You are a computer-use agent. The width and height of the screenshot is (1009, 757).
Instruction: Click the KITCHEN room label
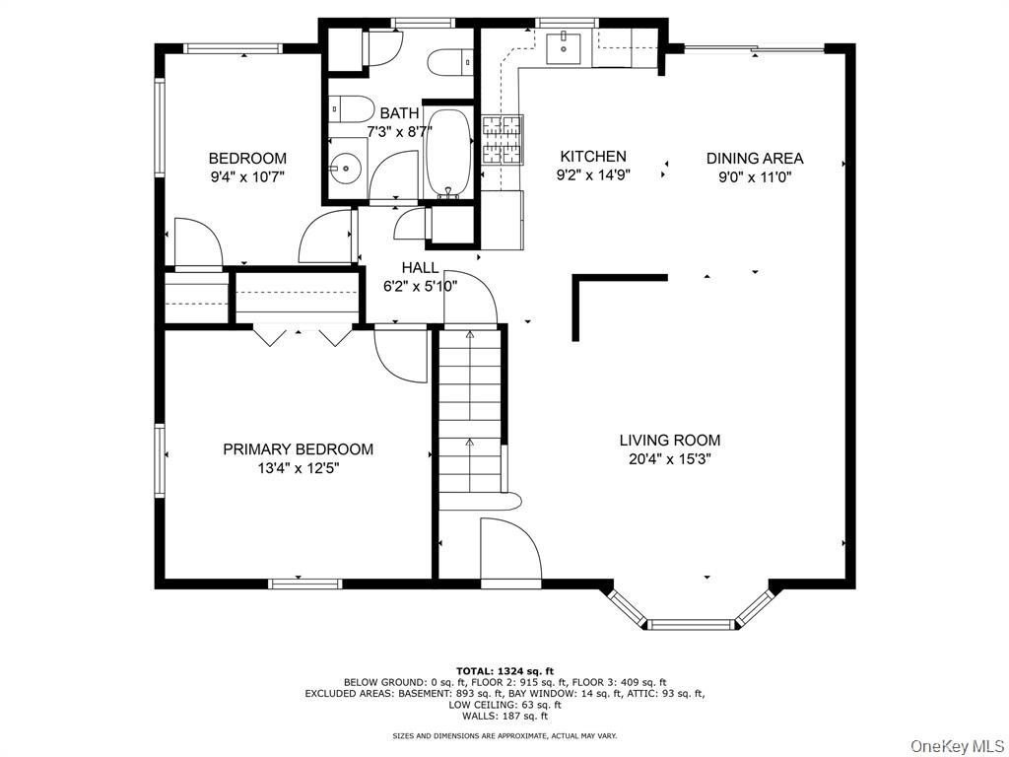pos(592,157)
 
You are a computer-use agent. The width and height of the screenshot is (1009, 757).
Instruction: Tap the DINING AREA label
pos(755,159)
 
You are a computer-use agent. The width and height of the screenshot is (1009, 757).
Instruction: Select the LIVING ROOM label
pos(670,441)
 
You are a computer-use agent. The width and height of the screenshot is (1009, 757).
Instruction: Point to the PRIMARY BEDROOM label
pos(298,449)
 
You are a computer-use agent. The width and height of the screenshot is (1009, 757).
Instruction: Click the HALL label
pos(420,268)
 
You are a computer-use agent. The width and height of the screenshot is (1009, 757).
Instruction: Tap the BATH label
pos(400,113)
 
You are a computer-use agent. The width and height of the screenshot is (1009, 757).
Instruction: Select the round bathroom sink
pos(346,169)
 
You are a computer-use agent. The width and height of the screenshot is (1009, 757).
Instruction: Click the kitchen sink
pos(563,47)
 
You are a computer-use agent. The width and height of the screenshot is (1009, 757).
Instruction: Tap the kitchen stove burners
pos(502,140)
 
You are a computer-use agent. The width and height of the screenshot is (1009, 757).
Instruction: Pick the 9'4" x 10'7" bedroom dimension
pos(247,177)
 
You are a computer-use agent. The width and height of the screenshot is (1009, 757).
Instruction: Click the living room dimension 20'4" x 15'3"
pos(670,459)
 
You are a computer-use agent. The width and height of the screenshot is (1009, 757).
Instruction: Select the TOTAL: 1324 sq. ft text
pos(504,671)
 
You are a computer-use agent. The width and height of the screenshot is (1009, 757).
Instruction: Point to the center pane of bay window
pos(691,624)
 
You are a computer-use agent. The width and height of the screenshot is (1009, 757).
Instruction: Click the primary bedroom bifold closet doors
pos(303,335)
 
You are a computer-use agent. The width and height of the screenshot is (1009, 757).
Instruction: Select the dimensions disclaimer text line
pos(504,735)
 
